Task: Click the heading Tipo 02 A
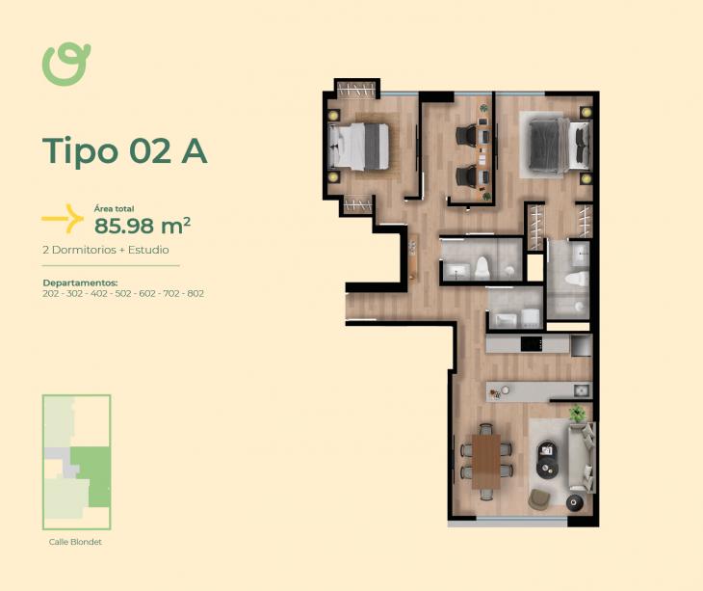coord(124,150)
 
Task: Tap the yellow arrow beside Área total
coord(64,219)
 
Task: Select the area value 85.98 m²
coord(143,226)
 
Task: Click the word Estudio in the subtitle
coord(148,250)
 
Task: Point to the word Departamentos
coord(80,283)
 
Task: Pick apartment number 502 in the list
coord(123,294)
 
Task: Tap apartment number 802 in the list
coord(195,294)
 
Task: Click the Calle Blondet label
coord(75,542)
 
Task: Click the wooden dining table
coord(486,461)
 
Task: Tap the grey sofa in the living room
coord(582,458)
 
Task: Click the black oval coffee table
coord(547,459)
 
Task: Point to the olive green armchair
coord(539,499)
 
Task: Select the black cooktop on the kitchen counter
coord(533,344)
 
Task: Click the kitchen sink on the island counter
coord(582,390)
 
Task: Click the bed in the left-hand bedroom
coord(358,147)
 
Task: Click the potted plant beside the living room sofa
coord(578,413)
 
